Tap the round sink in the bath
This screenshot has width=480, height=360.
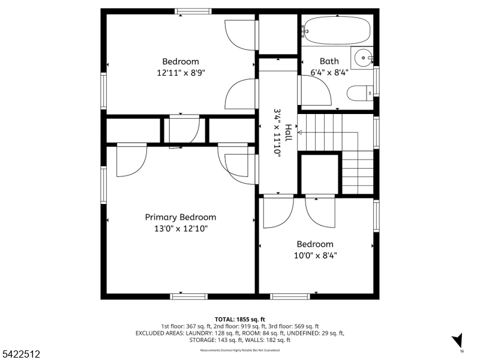(x=362, y=59)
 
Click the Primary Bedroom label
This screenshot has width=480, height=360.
(x=181, y=217)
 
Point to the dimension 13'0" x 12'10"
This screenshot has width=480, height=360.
(x=181, y=229)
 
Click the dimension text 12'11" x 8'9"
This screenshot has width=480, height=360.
(x=181, y=73)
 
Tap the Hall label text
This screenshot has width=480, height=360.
(x=289, y=133)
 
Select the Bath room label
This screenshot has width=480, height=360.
(x=329, y=61)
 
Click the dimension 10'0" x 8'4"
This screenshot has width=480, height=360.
(x=316, y=256)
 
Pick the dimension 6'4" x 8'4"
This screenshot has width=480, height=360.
(x=329, y=73)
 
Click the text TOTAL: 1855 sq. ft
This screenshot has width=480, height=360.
(x=240, y=319)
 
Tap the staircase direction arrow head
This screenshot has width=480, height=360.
(x=300, y=132)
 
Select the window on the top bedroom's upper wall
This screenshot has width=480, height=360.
(x=193, y=10)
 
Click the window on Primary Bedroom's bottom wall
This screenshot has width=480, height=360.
(x=188, y=296)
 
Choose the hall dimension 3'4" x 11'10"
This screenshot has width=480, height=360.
(x=278, y=133)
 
